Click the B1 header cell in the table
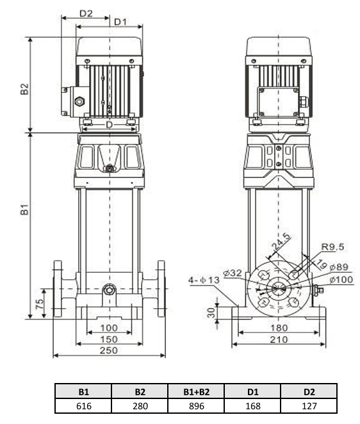[83, 391]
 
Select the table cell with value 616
[83, 406]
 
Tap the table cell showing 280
[140, 406]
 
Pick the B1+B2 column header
[197, 391]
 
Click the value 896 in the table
[197, 406]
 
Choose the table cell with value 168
[252, 406]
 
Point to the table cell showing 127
[309, 406]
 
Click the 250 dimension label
[109, 350]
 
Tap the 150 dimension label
[109, 339]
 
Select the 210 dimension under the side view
[279, 339]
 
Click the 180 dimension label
[279, 328]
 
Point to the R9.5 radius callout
[332, 247]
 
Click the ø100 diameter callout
[341, 279]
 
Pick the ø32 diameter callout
[233, 273]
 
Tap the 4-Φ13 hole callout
[204, 280]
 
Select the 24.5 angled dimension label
[281, 241]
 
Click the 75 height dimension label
[40, 304]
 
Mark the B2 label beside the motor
[24, 89]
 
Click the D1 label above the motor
[120, 22]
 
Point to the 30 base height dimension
[211, 313]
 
